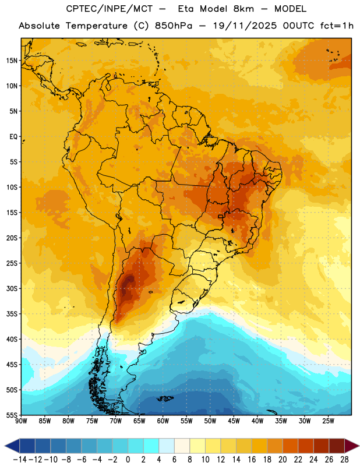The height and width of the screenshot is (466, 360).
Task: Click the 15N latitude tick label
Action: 12,61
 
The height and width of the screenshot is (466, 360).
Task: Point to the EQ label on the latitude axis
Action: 13,137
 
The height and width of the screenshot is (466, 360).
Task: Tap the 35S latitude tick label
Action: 12,314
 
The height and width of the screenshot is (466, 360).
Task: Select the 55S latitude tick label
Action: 12,415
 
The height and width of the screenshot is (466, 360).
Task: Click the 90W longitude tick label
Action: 21,421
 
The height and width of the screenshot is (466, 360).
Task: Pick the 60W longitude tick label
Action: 163,421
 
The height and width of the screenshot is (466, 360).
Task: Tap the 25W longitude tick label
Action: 328,421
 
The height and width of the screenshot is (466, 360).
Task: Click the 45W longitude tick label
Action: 234,421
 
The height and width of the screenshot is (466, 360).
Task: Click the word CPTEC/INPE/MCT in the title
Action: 110,9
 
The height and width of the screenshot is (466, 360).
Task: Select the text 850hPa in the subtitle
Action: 174,26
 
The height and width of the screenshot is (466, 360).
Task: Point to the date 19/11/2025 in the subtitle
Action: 245,26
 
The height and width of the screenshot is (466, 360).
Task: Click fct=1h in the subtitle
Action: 337,26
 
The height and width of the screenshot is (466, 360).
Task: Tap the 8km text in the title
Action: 243,9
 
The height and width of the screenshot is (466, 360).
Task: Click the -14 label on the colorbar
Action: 20,460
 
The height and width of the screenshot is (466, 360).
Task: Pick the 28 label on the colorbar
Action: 344,460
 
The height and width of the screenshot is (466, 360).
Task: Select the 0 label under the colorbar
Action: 128,460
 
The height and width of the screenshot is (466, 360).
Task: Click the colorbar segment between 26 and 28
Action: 337,446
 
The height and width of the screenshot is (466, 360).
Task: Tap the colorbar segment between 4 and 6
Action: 167,446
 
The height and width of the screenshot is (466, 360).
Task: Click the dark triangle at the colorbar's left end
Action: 12,446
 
